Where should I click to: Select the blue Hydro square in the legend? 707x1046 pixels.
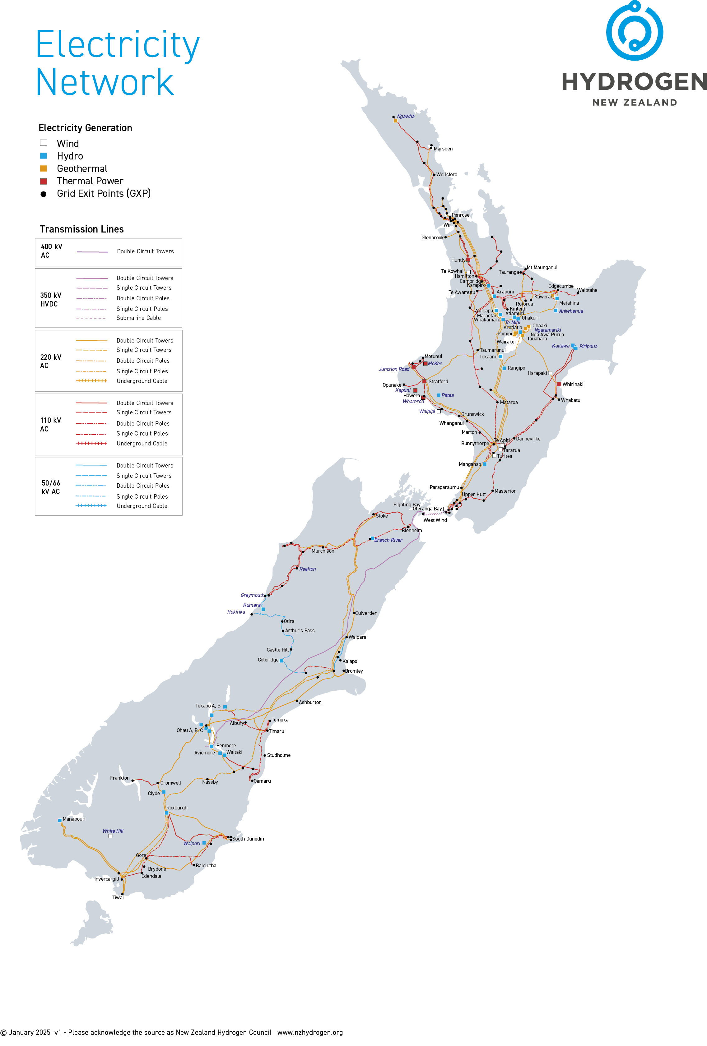(x=44, y=156)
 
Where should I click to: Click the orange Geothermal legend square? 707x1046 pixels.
(x=44, y=168)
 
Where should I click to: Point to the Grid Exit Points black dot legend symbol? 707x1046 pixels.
(x=44, y=194)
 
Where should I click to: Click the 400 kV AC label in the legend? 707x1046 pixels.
(x=51, y=251)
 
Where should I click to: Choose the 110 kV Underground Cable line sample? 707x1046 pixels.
(x=91, y=443)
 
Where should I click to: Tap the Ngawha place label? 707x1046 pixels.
(x=405, y=116)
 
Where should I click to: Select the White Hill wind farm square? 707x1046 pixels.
(x=110, y=836)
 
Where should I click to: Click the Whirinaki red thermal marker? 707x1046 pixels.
(x=559, y=384)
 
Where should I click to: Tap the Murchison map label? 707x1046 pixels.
(x=323, y=551)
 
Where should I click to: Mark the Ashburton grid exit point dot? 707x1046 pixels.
(x=297, y=701)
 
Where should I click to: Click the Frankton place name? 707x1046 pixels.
(x=119, y=778)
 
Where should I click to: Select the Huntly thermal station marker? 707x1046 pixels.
(x=468, y=260)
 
